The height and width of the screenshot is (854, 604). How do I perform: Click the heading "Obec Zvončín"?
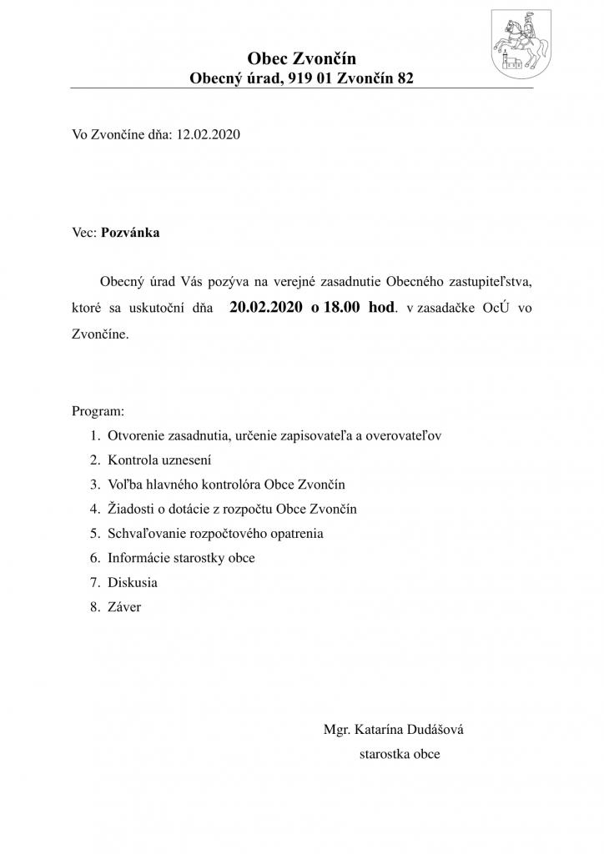[301, 58]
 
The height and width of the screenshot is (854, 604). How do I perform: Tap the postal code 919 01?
[309, 78]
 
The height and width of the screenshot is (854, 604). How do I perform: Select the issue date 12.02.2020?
[208, 133]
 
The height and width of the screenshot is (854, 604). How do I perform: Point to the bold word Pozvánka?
[130, 233]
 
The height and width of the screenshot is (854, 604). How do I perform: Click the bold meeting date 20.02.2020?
[266, 307]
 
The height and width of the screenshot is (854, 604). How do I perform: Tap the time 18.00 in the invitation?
[342, 307]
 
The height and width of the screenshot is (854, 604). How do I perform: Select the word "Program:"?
[98, 411]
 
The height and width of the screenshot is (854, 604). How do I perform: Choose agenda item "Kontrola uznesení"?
[159, 460]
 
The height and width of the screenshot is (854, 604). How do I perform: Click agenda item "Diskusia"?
[132, 582]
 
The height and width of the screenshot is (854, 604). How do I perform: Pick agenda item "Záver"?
[124, 607]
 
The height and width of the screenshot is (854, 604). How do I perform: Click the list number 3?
[93, 485]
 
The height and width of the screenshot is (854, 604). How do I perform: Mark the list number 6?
[93, 558]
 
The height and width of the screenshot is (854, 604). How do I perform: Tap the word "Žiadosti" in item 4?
[131, 509]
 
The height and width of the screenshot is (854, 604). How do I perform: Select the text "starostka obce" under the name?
[399, 754]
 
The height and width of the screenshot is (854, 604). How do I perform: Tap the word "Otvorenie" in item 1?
[136, 435]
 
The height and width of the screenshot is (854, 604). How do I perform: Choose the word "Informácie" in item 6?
[139, 558]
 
